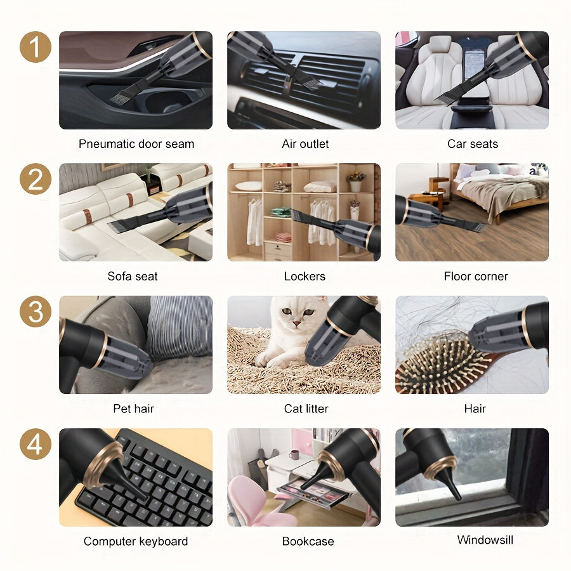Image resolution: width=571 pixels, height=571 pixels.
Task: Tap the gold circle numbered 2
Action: coord(35,180)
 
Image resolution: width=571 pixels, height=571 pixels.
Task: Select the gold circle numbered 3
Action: coord(35,312)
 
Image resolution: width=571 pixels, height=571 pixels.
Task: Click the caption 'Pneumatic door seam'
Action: coord(136,144)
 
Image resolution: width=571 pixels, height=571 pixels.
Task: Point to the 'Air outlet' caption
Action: coord(305,144)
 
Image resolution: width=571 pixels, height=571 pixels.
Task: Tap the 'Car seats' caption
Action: coord(473,144)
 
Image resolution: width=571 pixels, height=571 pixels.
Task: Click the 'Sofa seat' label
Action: coord(133,276)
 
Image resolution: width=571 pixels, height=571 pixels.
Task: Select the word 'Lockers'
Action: coord(305,276)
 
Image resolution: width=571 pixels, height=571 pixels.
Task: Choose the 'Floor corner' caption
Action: coord(476,276)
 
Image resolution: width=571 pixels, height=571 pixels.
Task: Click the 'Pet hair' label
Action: coord(134,409)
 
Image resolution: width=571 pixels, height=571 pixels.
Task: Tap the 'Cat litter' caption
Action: coord(306,409)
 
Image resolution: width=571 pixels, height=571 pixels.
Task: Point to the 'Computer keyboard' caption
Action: coord(136,541)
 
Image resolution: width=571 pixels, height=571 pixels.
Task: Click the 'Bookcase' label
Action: coord(308,541)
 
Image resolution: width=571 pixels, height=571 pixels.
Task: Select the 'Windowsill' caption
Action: coord(485,540)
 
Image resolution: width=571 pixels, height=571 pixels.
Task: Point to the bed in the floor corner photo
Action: coord(501,187)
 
